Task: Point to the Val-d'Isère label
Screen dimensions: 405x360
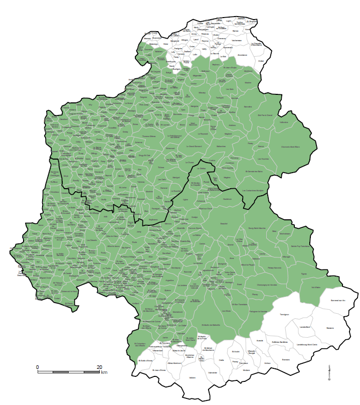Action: click(x=316, y=288)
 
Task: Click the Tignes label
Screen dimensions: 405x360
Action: click(x=303, y=274)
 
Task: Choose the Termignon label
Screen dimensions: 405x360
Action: click(x=284, y=315)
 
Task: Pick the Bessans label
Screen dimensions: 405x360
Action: click(x=329, y=328)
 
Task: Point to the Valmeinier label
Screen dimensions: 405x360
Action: click(x=212, y=372)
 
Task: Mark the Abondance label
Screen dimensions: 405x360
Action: click(x=243, y=55)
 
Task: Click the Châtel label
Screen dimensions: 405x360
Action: click(x=261, y=61)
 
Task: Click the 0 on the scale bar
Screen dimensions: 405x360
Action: click(x=37, y=367)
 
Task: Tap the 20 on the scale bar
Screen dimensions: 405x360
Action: click(x=99, y=367)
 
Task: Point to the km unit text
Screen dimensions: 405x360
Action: click(x=104, y=372)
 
